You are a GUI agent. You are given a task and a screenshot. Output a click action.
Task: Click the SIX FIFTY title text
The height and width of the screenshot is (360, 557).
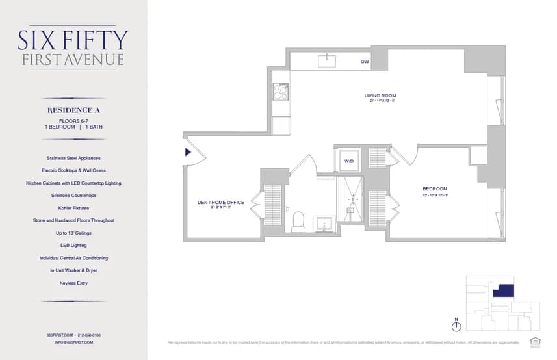pyautogui.click(x=73, y=40)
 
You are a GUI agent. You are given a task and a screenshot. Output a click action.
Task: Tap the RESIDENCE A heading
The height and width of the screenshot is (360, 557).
pyautogui.click(x=73, y=110)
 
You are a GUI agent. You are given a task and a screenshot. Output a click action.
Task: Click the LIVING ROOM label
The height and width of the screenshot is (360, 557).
pyautogui.click(x=380, y=96)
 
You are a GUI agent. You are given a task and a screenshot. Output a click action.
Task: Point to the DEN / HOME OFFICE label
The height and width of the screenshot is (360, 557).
pyautogui.click(x=221, y=202)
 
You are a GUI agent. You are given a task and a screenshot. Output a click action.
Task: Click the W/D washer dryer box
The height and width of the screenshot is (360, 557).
pyautogui.click(x=348, y=160)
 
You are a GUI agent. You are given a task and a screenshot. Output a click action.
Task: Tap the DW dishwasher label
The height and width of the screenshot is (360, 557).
pyautogui.click(x=365, y=62)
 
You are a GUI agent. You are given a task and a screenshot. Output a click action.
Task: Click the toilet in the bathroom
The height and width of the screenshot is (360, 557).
pyautogui.click(x=298, y=221)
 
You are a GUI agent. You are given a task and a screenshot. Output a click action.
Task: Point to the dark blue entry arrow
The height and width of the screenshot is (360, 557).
pyautogui.click(x=188, y=152)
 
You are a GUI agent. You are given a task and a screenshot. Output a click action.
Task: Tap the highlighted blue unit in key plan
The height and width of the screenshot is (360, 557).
pyautogui.click(x=503, y=290)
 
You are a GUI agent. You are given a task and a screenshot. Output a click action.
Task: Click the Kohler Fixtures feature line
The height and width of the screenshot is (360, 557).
pyautogui.click(x=73, y=208)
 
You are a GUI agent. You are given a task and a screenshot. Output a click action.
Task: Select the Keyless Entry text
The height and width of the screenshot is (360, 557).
pyautogui.click(x=73, y=283)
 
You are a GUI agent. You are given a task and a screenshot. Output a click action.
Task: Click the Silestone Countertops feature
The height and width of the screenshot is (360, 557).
pyautogui.click(x=73, y=195)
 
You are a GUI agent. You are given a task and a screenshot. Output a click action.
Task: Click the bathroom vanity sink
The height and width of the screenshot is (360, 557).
pyautogui.click(x=323, y=225)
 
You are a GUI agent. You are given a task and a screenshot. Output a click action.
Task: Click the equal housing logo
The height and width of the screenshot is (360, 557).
pyautogui.click(x=535, y=341)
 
